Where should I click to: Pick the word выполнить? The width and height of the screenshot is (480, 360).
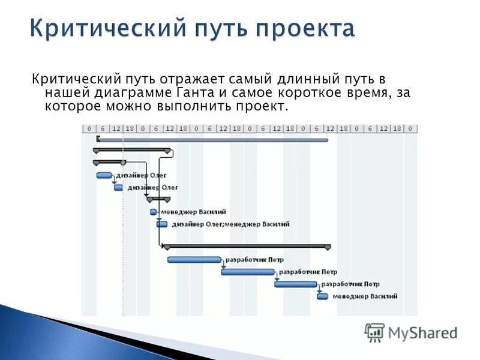coord(184,107)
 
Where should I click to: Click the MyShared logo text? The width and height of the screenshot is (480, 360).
coord(422,332)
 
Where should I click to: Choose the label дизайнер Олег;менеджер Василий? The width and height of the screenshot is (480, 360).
coord(230,224)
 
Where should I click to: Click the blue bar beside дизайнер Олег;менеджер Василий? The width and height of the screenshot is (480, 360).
coord(162,224)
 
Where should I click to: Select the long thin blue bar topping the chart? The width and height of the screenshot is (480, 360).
coord(212,140)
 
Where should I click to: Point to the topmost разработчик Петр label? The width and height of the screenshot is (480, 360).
coord(254,260)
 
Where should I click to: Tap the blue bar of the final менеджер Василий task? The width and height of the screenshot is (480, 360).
coord(323,296)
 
